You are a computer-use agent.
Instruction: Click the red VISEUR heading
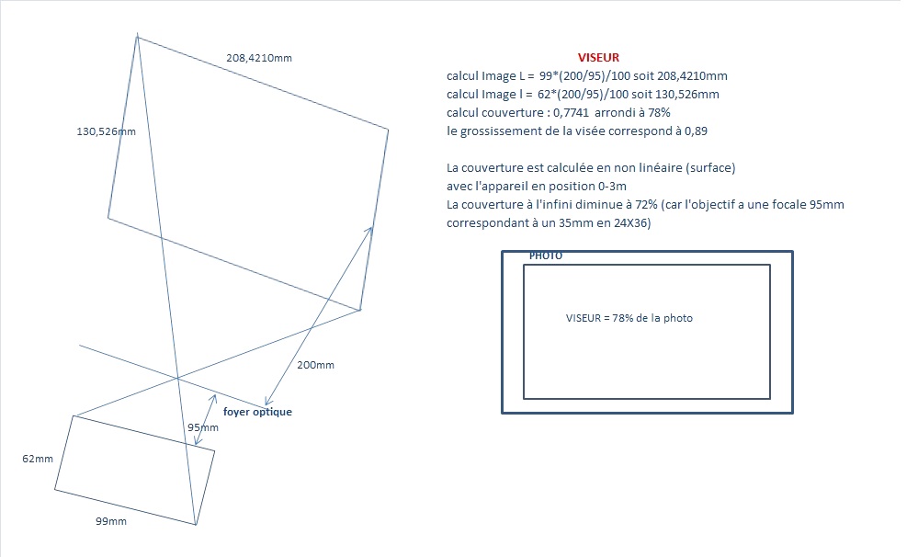click(598, 57)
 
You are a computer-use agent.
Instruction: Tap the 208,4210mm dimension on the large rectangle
click(259, 58)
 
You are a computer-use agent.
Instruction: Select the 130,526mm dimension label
click(106, 131)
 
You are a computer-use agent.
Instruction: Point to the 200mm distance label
click(315, 365)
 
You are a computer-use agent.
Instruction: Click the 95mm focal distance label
click(202, 427)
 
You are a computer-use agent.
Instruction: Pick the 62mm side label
click(38, 459)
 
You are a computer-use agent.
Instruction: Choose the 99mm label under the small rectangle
click(111, 521)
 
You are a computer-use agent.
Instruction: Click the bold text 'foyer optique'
click(257, 412)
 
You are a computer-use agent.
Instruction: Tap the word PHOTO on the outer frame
click(546, 256)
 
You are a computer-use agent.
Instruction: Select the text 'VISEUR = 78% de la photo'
click(629, 318)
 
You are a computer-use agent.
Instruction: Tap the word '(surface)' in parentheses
click(709, 168)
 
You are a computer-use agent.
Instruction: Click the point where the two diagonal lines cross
click(177, 379)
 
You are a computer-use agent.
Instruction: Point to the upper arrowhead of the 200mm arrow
click(370, 229)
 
